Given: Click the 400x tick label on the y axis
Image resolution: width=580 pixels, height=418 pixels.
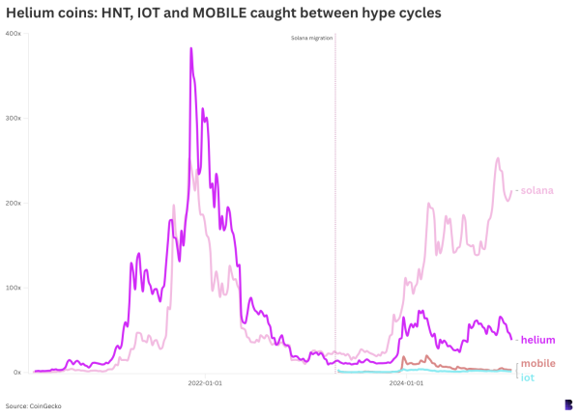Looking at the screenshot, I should tap(14, 34).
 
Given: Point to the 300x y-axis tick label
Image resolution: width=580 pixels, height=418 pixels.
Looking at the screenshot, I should tap(14, 118).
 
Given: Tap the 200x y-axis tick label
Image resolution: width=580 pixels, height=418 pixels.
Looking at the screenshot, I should tap(14, 203).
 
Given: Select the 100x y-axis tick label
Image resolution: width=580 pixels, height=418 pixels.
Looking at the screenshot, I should tap(14, 288).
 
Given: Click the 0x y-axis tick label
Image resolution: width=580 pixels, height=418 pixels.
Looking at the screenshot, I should tap(16, 373).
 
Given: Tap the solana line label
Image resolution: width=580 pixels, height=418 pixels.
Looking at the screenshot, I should tap(536, 190).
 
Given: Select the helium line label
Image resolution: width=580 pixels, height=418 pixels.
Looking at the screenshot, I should tap(537, 340).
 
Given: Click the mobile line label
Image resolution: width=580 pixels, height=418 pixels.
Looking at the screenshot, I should tap(537, 364).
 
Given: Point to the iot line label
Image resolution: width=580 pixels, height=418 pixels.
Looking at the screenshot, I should tap(527, 377).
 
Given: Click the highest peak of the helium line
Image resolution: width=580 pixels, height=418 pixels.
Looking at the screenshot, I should tap(190, 48).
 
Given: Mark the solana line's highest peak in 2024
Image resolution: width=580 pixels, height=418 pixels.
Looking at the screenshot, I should tap(498, 158).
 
